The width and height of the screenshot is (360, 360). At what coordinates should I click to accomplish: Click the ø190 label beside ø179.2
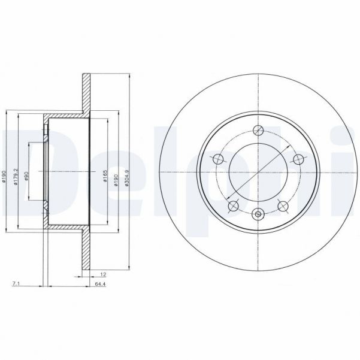click(x=5, y=174)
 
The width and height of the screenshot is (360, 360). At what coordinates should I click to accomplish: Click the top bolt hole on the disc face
click(x=259, y=131)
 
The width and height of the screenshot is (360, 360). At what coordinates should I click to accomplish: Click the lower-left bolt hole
click(x=234, y=206)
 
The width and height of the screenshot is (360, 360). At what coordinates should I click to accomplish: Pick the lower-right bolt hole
click(x=283, y=206)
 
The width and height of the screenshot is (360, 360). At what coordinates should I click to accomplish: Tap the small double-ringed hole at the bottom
click(x=259, y=214)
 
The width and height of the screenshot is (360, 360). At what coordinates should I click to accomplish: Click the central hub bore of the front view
click(x=259, y=173)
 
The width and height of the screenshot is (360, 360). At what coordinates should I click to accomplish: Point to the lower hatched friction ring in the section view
click(x=86, y=252)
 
